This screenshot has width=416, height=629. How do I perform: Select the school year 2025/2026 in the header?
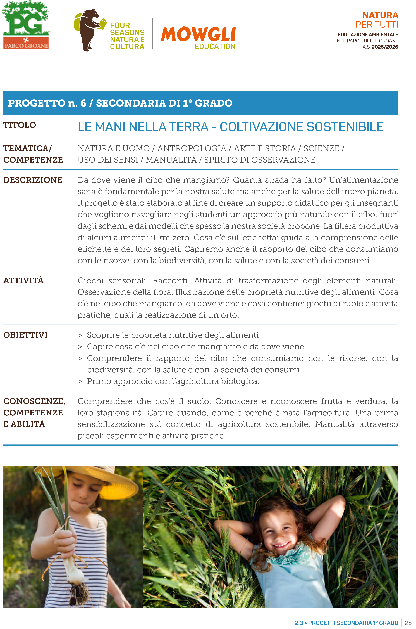point(385,47)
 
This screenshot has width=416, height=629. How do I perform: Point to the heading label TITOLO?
point(20,125)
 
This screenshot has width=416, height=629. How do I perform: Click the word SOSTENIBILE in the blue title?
point(345,127)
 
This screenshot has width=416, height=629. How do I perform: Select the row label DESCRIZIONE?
point(33,180)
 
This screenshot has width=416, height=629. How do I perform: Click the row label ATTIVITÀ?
point(23,281)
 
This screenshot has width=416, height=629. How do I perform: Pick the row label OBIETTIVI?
point(25,335)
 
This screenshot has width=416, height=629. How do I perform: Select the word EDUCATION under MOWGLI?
point(215,46)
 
